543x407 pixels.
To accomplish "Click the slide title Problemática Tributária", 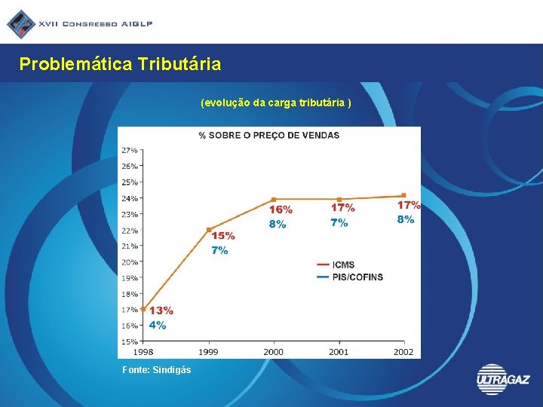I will click(120, 64).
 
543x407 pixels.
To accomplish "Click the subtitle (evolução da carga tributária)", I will click(276, 102).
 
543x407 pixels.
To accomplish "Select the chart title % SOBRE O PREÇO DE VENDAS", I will click(268, 136).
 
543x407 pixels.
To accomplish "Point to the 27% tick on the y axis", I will click(129, 150).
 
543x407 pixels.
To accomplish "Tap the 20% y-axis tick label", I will click(129, 262).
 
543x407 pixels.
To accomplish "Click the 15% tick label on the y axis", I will click(129, 342).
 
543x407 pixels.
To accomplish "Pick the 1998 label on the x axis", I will click(143, 352).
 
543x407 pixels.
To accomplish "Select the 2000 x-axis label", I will click(273, 352).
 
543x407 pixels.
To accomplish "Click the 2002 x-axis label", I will click(403, 352).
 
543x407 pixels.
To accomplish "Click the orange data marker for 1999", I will click(209, 229).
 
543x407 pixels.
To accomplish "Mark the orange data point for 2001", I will click(339, 199).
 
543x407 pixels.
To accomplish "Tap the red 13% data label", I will click(161, 311).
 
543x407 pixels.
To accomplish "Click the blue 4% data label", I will click(158, 326).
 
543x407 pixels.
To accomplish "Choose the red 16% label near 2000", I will click(281, 209).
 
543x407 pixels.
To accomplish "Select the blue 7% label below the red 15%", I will click(219, 250).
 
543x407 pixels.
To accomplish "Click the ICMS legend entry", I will click(342, 265).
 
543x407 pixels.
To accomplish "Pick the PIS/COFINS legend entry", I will click(357, 277).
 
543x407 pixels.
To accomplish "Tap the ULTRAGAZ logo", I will click(503, 379).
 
